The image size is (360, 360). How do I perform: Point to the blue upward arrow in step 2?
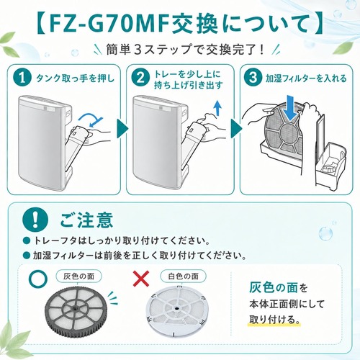(x=218, y=109)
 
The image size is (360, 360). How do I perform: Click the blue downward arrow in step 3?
(x=290, y=108)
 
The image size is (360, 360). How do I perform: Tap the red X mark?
(x=141, y=279)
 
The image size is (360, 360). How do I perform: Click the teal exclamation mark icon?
(x=35, y=220)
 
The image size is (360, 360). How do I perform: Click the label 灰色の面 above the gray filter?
(x=78, y=276)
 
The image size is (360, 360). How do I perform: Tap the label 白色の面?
(x=184, y=276)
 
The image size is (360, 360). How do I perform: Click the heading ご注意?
(x=86, y=220)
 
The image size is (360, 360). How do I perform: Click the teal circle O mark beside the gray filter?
(x=37, y=279)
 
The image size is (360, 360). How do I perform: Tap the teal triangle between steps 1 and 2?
(x=122, y=128)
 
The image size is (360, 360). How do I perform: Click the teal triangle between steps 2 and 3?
(x=235, y=128)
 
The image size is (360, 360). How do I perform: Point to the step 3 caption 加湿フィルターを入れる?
(x=306, y=78)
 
